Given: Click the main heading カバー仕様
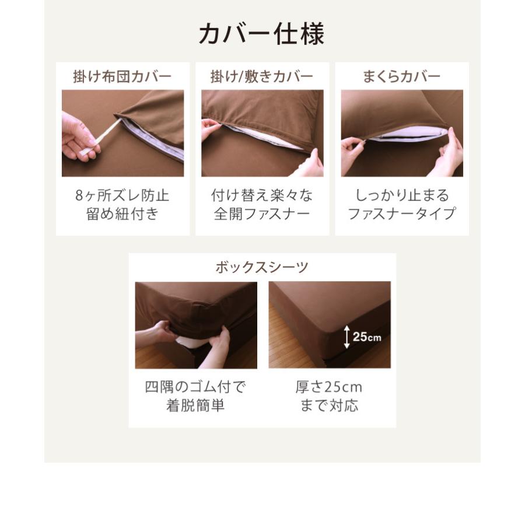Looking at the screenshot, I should [x=261, y=34].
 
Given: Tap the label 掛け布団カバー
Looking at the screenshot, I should [x=122, y=76].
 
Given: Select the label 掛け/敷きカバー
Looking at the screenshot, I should [x=261, y=76].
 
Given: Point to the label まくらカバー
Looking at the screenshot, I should [x=401, y=76].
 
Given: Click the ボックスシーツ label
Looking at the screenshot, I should [x=261, y=268].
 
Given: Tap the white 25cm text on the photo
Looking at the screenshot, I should [x=367, y=337].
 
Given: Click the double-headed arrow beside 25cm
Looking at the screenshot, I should [x=346, y=337].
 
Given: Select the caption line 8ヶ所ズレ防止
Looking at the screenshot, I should [x=122, y=195].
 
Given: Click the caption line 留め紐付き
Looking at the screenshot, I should [x=122, y=214].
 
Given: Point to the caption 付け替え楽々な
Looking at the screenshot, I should [x=261, y=195].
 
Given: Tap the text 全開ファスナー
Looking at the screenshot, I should [x=261, y=214].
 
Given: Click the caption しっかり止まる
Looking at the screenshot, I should [x=401, y=195].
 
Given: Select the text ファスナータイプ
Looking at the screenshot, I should [x=401, y=214].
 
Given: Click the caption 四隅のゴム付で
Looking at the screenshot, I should [x=195, y=387].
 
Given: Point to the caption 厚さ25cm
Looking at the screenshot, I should [x=329, y=387].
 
